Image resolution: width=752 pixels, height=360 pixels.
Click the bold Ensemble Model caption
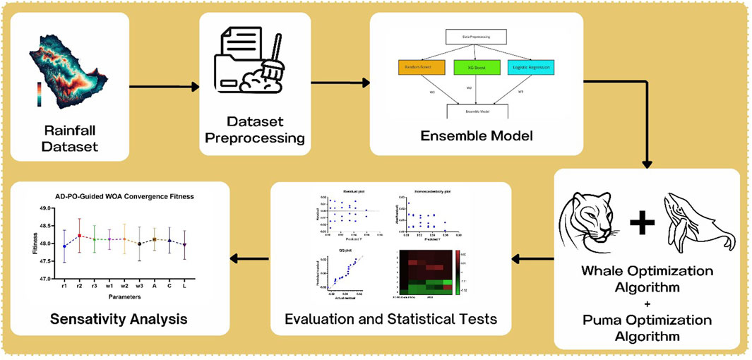(x=477, y=134)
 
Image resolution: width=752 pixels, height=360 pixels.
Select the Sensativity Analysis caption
(x=119, y=319)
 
